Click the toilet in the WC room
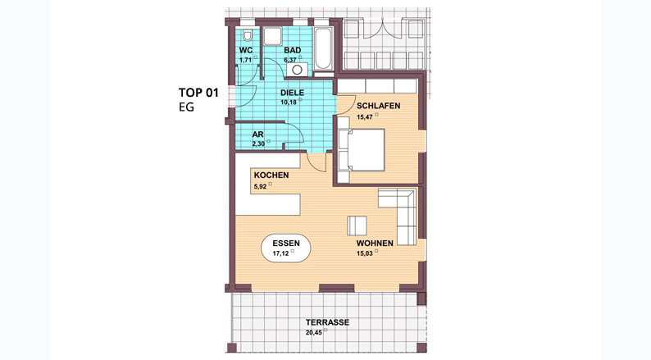(248, 36)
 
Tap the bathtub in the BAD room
(323, 49)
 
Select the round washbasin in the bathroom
(297, 70)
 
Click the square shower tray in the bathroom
(272, 36)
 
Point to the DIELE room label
(292, 93)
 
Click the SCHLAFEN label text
(378, 106)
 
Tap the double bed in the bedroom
(362, 150)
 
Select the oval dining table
(285, 248)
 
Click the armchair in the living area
(357, 226)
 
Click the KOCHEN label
(271, 175)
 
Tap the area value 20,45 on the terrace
(314, 332)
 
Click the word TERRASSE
(328, 322)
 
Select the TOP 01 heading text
(198, 92)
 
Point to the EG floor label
(186, 107)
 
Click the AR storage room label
(257, 134)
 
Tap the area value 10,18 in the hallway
(289, 102)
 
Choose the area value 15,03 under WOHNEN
(365, 253)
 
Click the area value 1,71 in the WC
(245, 60)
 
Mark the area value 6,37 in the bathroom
(290, 60)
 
